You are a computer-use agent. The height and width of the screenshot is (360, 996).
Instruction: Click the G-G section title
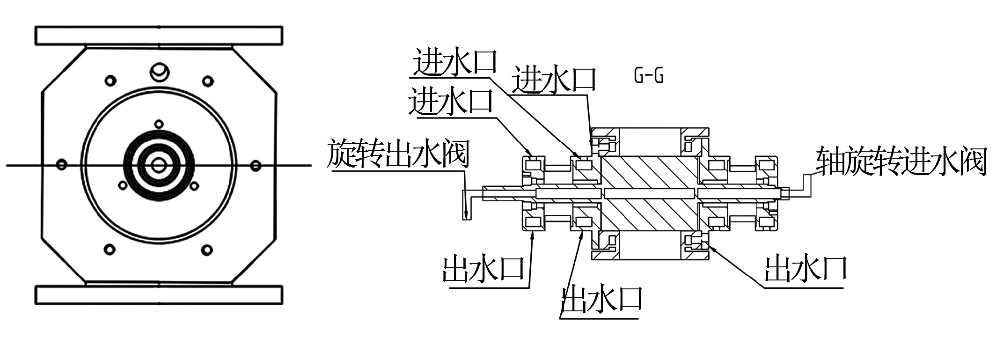pyautogui.click(x=648, y=76)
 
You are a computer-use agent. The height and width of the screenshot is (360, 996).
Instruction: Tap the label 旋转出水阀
pyautogui.click(x=398, y=154)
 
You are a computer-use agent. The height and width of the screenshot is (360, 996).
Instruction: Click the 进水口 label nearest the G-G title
pyautogui.click(x=554, y=79)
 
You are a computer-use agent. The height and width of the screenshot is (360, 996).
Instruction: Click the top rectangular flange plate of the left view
pyautogui.click(x=159, y=36)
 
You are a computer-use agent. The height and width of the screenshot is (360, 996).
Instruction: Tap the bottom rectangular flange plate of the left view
pyautogui.click(x=159, y=295)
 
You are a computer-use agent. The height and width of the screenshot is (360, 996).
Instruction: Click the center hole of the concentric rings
pyautogui.click(x=159, y=165)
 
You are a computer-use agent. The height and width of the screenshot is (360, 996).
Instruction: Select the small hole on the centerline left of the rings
pyautogui.click(x=61, y=165)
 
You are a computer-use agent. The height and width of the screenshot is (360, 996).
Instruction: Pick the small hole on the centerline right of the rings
pyautogui.click(x=256, y=165)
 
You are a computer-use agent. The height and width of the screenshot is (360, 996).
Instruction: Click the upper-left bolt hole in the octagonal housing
pyautogui.click(x=110, y=81)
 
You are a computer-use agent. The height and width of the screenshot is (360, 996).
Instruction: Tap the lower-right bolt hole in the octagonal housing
pyautogui.click(x=206, y=250)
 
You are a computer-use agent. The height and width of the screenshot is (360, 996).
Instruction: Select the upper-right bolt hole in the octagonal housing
pyautogui.click(x=207, y=81)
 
